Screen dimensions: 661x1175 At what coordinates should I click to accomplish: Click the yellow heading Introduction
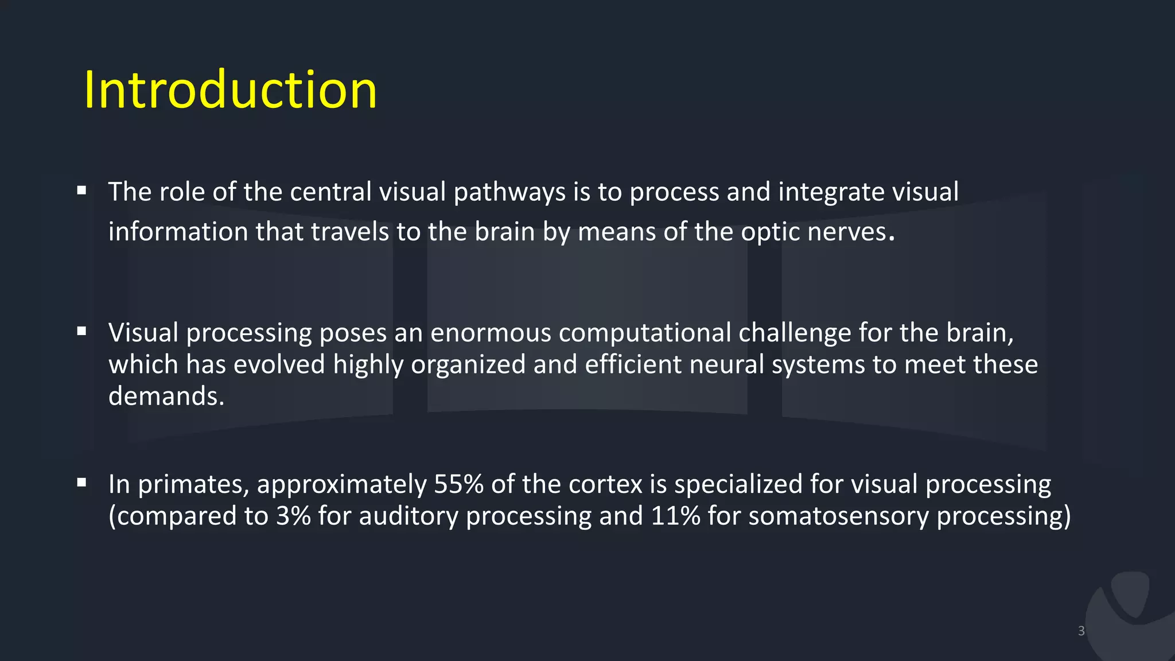[230, 90]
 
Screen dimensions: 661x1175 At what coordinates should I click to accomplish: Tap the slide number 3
[1081, 631]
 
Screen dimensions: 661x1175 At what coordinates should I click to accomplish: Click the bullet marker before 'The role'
[81, 190]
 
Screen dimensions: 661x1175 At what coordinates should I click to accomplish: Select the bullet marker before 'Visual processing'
[81, 331]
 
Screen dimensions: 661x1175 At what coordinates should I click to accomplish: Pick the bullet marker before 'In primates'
[81, 483]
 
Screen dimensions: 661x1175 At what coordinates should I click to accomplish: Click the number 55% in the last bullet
[458, 484]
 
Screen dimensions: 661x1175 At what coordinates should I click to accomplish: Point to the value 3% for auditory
[293, 516]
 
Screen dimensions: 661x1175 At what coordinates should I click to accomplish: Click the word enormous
[491, 333]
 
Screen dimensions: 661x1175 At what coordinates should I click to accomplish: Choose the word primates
[193, 485]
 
